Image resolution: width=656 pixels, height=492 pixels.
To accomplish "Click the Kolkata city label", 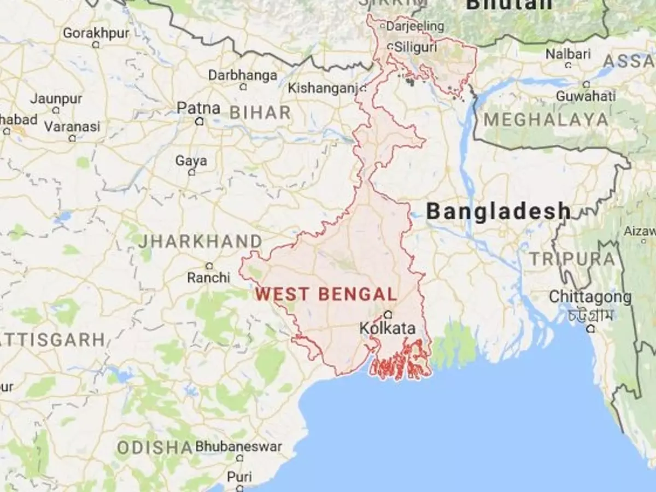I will [388, 329].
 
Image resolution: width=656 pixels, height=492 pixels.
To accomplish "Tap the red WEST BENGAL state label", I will [326, 294].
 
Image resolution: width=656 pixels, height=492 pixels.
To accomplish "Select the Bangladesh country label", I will [498, 212].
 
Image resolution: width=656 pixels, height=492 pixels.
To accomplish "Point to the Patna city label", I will [198, 108].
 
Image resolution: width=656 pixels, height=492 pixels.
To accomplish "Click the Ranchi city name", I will [208, 278].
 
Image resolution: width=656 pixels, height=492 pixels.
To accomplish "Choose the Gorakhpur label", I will [96, 33].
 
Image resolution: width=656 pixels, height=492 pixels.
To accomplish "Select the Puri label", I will [239, 476].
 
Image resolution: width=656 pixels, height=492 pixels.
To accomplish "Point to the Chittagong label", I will [590, 297].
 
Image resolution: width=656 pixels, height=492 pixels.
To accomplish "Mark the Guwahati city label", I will [585, 96].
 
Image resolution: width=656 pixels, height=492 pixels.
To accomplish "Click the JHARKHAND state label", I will [200, 241].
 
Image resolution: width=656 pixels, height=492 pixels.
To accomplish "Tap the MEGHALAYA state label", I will [546, 120].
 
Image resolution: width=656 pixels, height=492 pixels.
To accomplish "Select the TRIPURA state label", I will [572, 259].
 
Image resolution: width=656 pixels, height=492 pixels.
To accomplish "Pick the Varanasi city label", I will [72, 127].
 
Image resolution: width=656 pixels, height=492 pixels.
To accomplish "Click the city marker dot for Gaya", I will [191, 172].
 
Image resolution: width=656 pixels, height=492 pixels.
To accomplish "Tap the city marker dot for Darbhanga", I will [243, 86].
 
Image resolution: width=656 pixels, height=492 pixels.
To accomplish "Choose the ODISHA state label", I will [155, 448].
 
